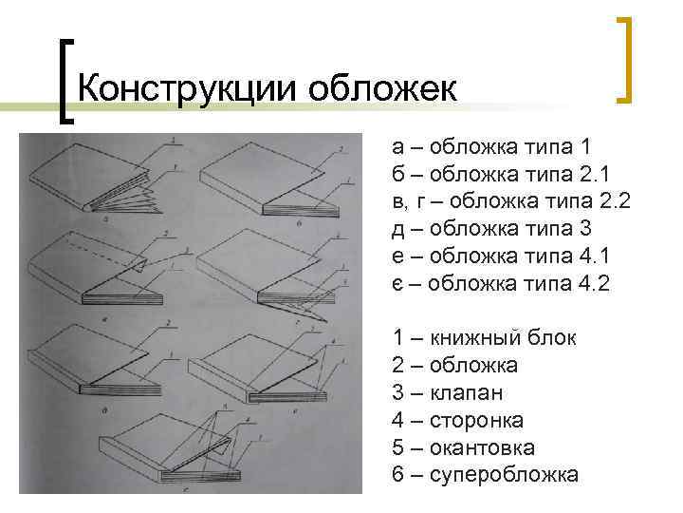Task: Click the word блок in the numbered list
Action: coord(548,337)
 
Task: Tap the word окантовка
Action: coord(483,447)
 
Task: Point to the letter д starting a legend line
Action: coord(397,229)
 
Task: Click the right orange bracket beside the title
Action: coord(623,59)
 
